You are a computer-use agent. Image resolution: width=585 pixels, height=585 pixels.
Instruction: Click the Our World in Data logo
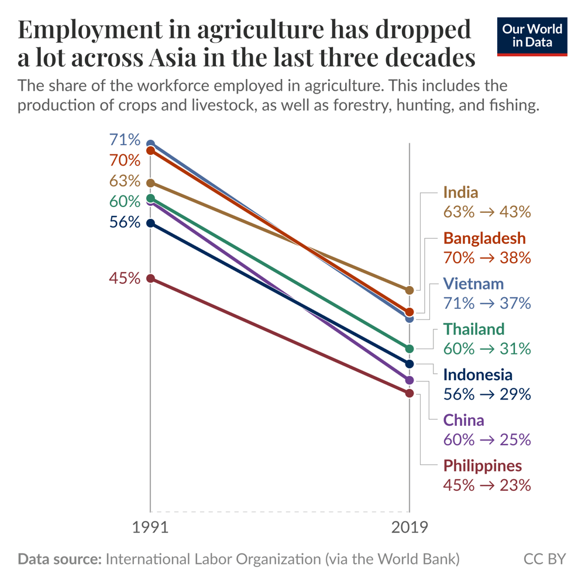[532, 36]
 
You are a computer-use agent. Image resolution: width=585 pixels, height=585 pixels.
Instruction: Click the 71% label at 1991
[125, 140]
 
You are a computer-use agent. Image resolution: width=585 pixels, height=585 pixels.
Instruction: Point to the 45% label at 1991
[125, 278]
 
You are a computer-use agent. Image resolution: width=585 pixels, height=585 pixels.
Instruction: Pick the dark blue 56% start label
[125, 222]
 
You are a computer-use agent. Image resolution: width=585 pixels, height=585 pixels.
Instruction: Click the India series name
[460, 192]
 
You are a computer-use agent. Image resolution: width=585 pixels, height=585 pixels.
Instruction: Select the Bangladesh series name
[484, 238]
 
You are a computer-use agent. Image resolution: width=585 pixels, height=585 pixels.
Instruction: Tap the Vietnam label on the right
[473, 284]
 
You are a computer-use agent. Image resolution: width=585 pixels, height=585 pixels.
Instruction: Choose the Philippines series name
[483, 466]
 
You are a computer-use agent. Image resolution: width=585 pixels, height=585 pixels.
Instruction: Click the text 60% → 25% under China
[487, 439]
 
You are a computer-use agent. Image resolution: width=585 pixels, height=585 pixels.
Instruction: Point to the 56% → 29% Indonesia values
[487, 394]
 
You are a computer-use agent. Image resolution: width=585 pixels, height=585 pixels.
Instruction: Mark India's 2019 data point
[409, 290]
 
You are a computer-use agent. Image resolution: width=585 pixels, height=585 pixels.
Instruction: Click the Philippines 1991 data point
[150, 278]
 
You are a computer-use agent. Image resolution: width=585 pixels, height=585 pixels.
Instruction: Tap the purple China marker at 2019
[409, 380]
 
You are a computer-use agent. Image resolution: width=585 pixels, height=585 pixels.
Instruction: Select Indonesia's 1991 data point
[150, 223]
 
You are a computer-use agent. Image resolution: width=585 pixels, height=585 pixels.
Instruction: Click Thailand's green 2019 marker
[409, 349]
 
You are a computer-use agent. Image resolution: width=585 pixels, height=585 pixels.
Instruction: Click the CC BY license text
[545, 559]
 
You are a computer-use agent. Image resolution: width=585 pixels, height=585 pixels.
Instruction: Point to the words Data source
[59, 559]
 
